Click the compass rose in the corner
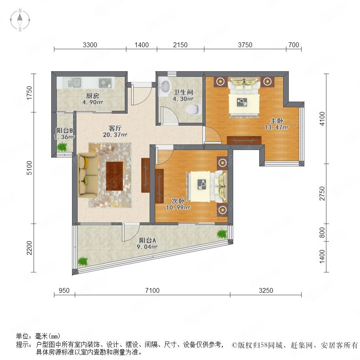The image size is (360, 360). [20, 20]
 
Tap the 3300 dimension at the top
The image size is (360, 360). [90, 45]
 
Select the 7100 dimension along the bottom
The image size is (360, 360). [152, 290]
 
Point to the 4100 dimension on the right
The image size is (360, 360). [322, 119]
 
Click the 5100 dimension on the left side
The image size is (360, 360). [29, 168]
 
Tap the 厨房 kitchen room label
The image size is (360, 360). [92, 96]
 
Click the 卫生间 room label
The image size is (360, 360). [183, 92]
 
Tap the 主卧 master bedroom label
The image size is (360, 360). [277, 120]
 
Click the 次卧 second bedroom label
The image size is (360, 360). [178, 201]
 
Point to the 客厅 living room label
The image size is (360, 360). [115, 128]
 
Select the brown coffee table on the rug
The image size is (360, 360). [114, 176]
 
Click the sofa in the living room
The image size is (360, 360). [88, 175]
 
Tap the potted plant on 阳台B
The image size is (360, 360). [62, 147]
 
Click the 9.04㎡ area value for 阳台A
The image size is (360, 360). [147, 247]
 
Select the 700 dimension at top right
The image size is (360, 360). [294, 45]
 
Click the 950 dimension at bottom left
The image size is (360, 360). [64, 290]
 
